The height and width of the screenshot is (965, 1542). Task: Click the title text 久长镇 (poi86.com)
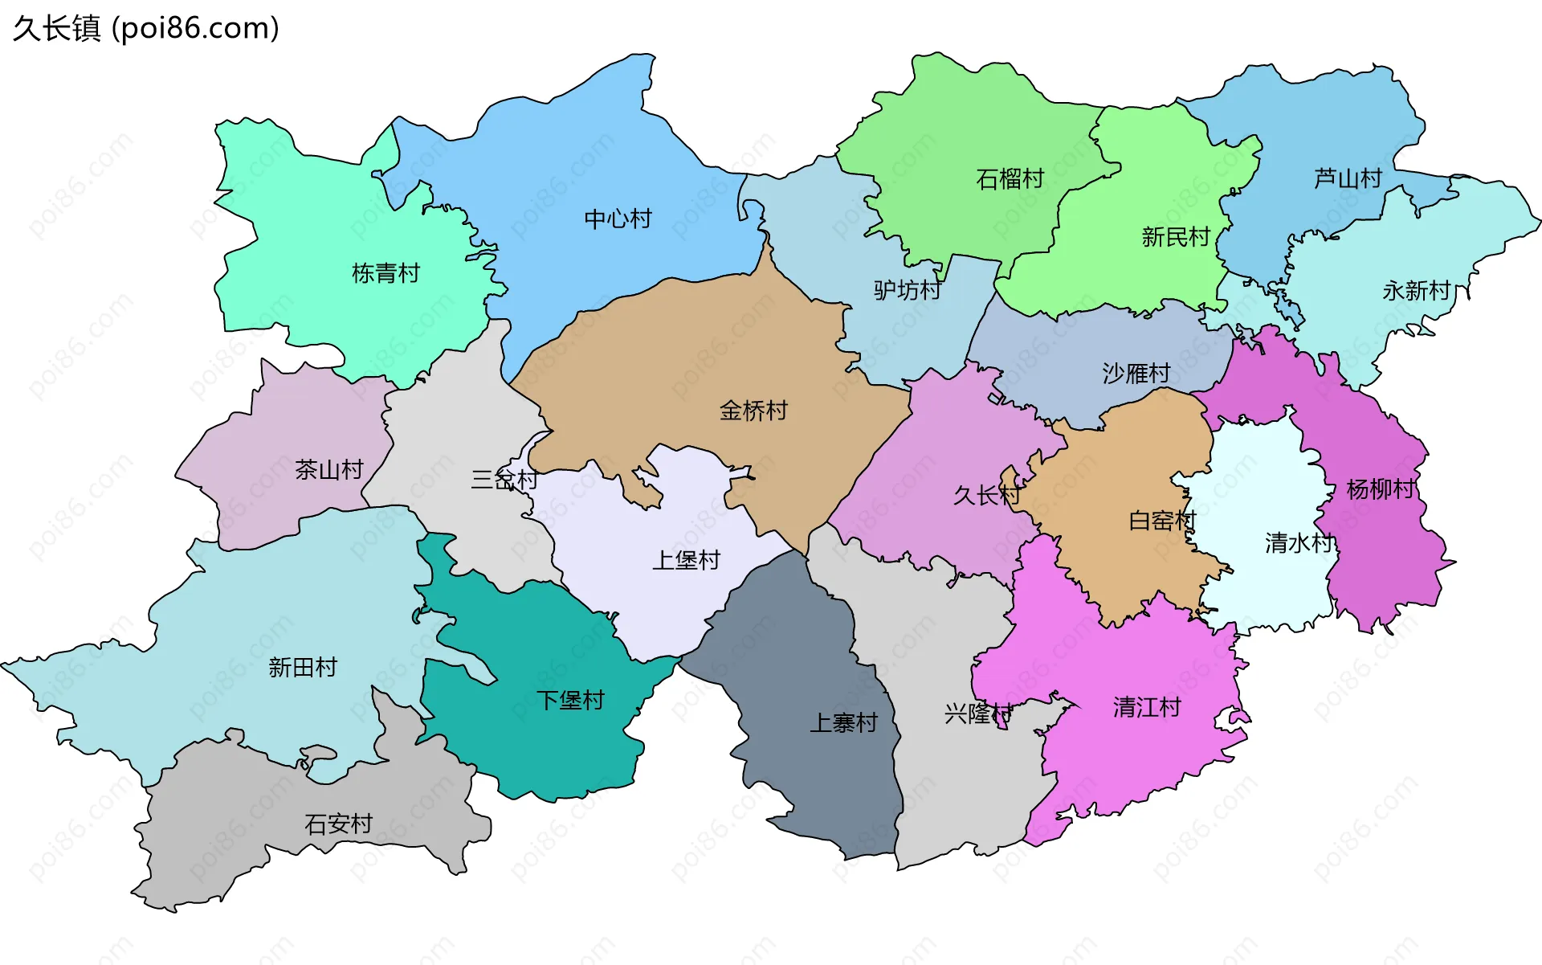tap(145, 28)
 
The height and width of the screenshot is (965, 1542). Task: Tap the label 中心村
tap(618, 219)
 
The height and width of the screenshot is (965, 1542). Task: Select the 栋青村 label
tap(385, 273)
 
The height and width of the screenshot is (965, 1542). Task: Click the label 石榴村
tap(1010, 178)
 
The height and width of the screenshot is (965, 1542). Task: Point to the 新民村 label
tap(1175, 237)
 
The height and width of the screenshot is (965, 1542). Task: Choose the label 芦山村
tap(1348, 178)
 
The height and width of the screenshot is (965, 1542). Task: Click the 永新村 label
tap(1416, 290)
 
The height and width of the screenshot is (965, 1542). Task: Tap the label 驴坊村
tap(908, 290)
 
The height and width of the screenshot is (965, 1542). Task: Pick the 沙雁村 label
tap(1136, 373)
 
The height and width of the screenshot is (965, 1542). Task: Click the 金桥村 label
tap(753, 411)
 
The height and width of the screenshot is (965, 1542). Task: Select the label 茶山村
tap(329, 469)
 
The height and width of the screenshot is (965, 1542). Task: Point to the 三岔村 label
tap(504, 480)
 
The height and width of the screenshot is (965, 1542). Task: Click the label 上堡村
tap(686, 560)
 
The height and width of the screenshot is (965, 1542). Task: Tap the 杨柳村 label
tap(1381, 489)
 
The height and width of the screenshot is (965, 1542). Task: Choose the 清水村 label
tap(1299, 543)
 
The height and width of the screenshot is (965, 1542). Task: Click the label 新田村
tap(303, 667)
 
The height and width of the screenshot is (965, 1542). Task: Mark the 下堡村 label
tap(570, 700)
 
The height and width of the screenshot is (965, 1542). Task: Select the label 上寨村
tap(843, 723)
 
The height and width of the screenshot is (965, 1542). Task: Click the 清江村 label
tap(1147, 707)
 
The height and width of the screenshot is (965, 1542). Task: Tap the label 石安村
tap(338, 824)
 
